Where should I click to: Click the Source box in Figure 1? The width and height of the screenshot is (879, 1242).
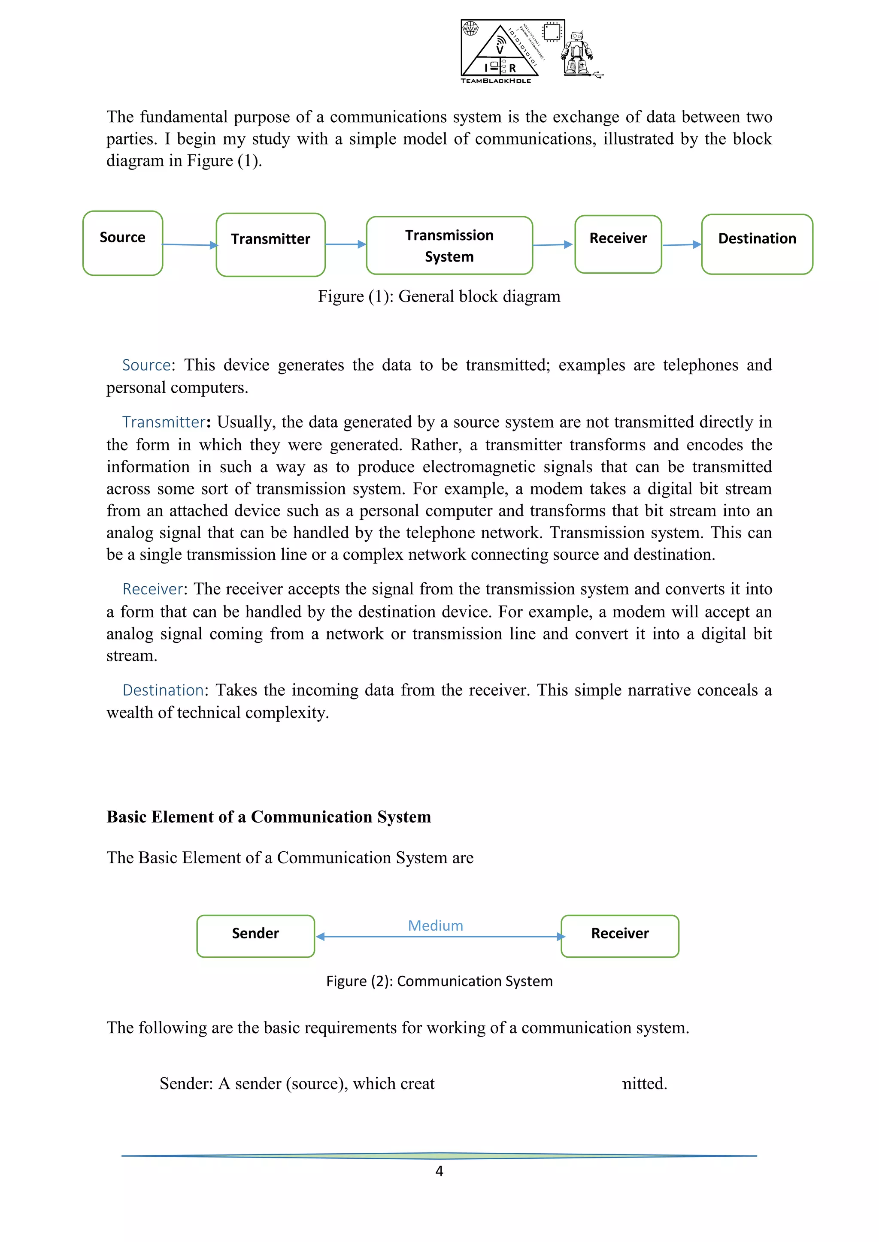(x=123, y=244)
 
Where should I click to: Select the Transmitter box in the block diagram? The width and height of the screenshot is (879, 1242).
(x=271, y=244)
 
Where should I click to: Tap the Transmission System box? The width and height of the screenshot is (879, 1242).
(x=449, y=246)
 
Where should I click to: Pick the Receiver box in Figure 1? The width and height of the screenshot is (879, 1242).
(x=618, y=244)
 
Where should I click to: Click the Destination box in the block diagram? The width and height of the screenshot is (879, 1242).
(x=757, y=244)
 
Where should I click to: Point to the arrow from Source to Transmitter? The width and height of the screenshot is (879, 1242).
(x=189, y=245)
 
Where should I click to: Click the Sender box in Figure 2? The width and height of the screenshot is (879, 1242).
(x=255, y=936)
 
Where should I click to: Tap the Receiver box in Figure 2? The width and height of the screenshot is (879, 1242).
(x=620, y=936)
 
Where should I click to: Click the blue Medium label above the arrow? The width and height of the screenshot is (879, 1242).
(x=435, y=925)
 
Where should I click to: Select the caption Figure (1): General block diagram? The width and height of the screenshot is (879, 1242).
(x=439, y=296)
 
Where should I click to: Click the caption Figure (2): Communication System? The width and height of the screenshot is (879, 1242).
(x=439, y=981)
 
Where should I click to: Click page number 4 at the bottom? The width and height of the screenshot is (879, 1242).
(x=439, y=1171)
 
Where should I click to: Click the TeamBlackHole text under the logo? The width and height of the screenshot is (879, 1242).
(x=496, y=81)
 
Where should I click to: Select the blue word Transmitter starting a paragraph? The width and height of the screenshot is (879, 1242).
(x=164, y=422)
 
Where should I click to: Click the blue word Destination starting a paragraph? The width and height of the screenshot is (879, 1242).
(x=163, y=690)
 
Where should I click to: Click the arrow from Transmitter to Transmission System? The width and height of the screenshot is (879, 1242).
(x=346, y=244)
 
